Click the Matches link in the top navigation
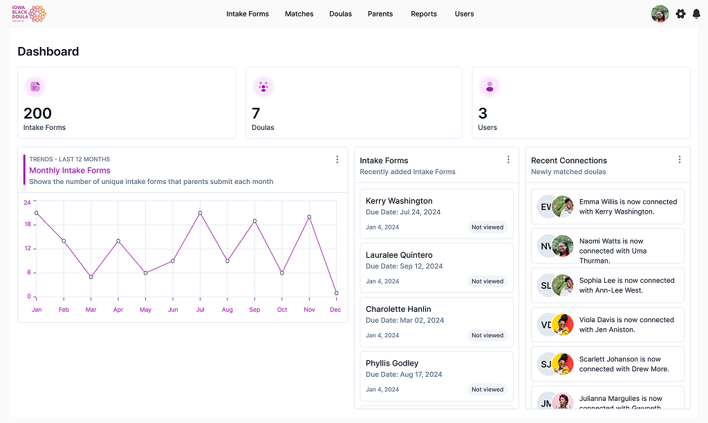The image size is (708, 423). tap(299, 14)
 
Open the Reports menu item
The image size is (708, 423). tap(423, 14)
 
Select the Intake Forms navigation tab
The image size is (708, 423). tap(248, 14)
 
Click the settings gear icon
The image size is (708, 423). tap(680, 14)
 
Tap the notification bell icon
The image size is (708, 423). tap(696, 14)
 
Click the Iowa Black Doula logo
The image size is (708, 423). tap(28, 14)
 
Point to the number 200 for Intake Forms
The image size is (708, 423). tap(37, 113)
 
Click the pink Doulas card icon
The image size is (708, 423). tap(263, 86)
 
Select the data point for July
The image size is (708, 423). tap(200, 213)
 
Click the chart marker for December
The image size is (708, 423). tap(336, 293)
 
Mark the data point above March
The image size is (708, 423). tap(91, 277)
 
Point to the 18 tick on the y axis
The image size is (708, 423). tap(27, 225)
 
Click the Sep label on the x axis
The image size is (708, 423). tap(254, 310)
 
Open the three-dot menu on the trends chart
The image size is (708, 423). tap(337, 160)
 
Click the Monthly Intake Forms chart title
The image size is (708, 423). tap(69, 170)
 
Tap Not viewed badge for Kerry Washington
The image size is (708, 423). tap(487, 227)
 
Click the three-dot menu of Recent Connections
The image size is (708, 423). tap(679, 160)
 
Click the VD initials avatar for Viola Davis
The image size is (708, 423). tap(546, 325)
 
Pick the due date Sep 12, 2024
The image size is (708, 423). tap(404, 266)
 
